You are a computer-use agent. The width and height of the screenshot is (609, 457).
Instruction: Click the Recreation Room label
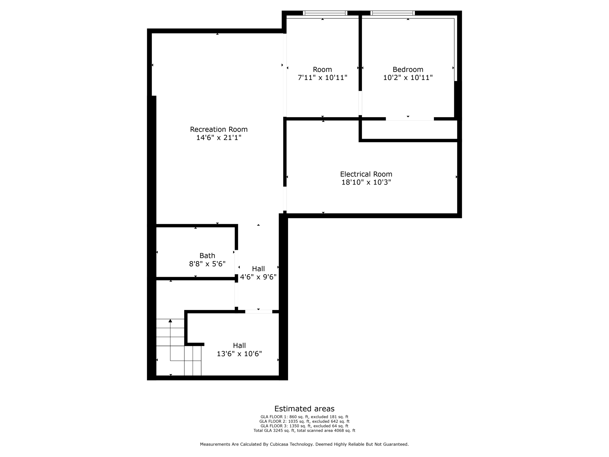pyautogui.click(x=219, y=129)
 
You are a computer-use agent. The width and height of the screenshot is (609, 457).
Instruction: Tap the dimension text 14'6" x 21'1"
pyautogui.click(x=219, y=137)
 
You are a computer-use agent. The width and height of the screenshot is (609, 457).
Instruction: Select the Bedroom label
pyautogui.click(x=408, y=69)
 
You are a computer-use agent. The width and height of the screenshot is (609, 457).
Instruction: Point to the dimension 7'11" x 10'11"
pyautogui.click(x=322, y=78)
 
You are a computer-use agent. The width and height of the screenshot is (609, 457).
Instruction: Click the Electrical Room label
pyautogui.click(x=366, y=174)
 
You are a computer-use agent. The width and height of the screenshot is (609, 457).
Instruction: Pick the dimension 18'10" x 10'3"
pyautogui.click(x=366, y=182)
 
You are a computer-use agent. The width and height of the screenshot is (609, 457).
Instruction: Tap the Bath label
pyautogui.click(x=207, y=255)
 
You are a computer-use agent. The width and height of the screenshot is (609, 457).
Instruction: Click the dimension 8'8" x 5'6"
pyautogui.click(x=207, y=264)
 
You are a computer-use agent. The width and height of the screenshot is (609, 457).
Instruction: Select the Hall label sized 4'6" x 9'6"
pyautogui.click(x=258, y=269)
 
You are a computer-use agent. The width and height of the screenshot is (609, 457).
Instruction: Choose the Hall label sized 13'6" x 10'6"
pyautogui.click(x=239, y=345)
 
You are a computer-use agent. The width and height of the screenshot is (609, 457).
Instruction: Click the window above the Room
pyautogui.click(x=325, y=13)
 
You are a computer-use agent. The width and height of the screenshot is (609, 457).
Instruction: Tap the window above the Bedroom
pyautogui.click(x=392, y=13)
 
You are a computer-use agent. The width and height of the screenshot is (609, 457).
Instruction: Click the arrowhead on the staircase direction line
pyautogui.click(x=170, y=321)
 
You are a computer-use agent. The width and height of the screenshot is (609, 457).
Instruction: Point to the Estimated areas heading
pyautogui.click(x=304, y=409)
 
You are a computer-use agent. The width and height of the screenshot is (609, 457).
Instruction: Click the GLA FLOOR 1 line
pyautogui.click(x=304, y=417)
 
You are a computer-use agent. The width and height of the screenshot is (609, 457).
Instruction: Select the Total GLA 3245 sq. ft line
pyautogui.click(x=304, y=431)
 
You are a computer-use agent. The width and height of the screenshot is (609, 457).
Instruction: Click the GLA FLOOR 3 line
pyautogui.click(x=304, y=426)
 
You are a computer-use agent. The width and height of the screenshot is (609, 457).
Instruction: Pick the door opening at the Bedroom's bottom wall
pyautogui.click(x=410, y=119)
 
